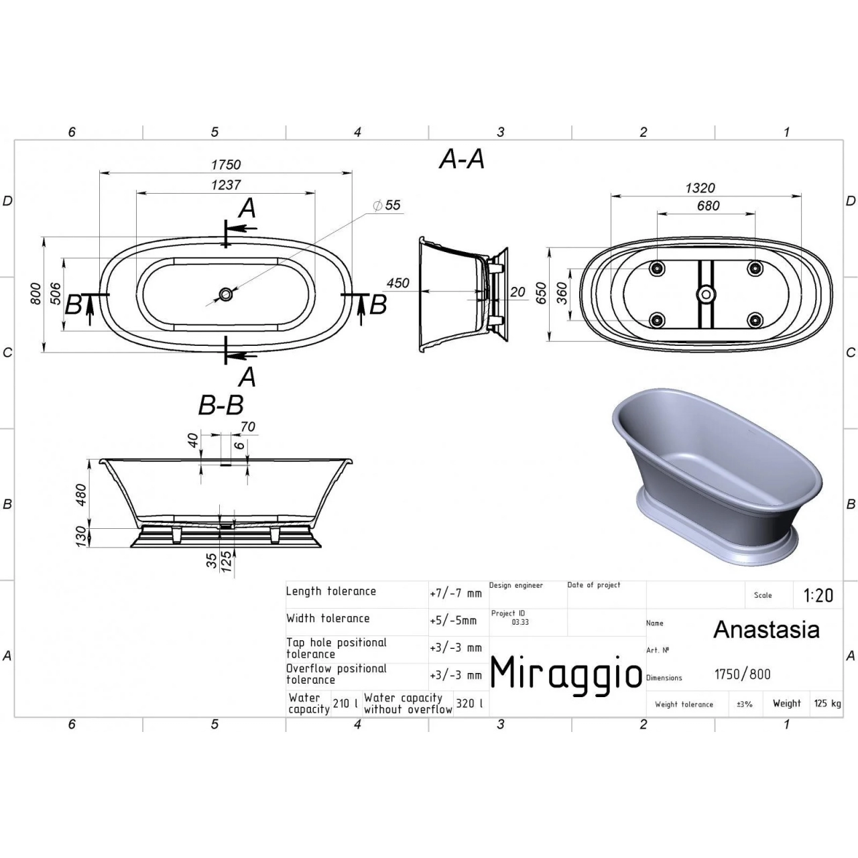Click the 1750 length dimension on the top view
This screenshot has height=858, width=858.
226,165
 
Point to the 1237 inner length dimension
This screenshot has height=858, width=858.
226,184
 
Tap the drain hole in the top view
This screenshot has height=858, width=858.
226,294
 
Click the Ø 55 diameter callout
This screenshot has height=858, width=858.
387,205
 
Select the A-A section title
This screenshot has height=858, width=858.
462,159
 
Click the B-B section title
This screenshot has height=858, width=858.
221,406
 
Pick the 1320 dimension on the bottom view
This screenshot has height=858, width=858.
700,188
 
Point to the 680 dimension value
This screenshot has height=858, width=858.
709,206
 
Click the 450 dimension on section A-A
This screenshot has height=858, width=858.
397,283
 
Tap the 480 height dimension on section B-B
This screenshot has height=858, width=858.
82,495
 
